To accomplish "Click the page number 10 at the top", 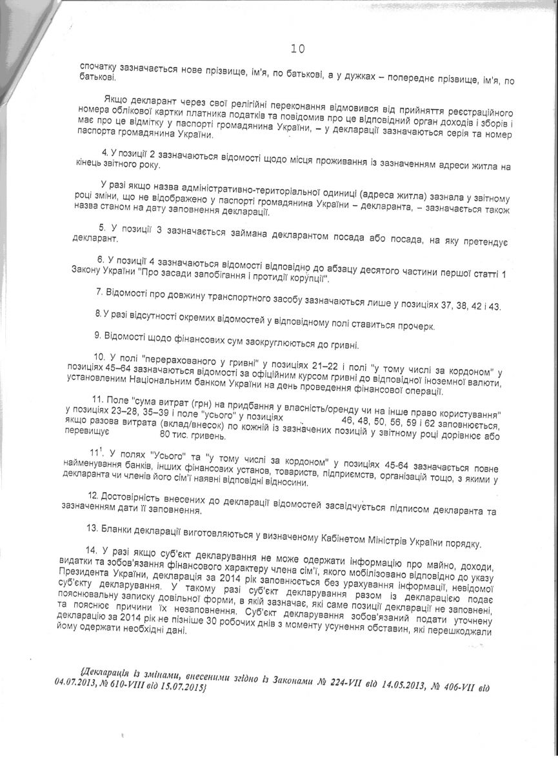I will point(297,48).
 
